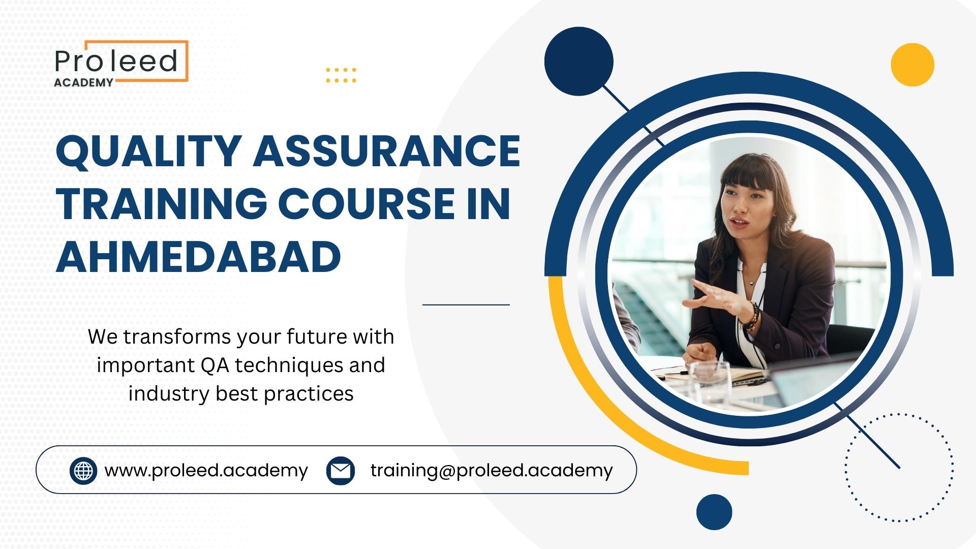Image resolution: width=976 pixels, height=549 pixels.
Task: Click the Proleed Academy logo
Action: click(x=121, y=64)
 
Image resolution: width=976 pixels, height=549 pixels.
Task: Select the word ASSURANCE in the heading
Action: click(x=387, y=151)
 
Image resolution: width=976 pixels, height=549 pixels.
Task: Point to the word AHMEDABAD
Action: click(x=198, y=256)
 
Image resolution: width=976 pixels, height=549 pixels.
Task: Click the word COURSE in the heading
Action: click(x=367, y=204)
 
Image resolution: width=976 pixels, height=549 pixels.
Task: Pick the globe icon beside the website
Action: click(x=83, y=470)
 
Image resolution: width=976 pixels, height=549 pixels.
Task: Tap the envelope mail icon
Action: click(x=341, y=470)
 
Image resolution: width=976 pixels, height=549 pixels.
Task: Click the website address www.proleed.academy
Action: click(x=206, y=471)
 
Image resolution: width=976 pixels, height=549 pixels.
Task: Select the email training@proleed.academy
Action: click(x=492, y=471)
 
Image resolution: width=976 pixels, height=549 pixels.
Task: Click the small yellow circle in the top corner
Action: click(x=912, y=65)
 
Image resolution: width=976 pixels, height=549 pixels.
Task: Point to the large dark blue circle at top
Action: click(x=579, y=61)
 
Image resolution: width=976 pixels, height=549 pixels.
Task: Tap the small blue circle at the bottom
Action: click(x=714, y=512)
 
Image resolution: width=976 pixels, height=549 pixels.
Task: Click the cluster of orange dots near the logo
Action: click(x=341, y=75)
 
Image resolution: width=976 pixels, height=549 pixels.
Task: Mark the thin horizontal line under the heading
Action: click(x=466, y=305)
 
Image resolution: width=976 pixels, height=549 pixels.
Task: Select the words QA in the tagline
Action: click(x=215, y=365)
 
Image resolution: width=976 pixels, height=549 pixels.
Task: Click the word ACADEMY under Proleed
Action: click(x=83, y=83)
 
